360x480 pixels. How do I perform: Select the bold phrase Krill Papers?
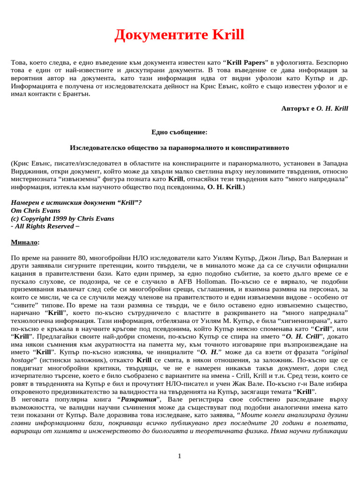coord(246,62)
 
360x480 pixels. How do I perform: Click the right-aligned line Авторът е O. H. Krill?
coord(315,108)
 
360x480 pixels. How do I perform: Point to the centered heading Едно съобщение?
coord(180,132)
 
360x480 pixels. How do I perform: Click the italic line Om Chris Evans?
coord(36,210)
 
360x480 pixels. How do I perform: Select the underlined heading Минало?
coord(25,242)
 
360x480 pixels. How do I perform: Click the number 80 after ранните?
coord(83,258)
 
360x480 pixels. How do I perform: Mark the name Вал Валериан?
coord(320,258)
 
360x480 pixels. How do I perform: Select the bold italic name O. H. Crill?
coord(302,337)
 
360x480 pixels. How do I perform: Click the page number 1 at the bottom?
coord(180,456)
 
